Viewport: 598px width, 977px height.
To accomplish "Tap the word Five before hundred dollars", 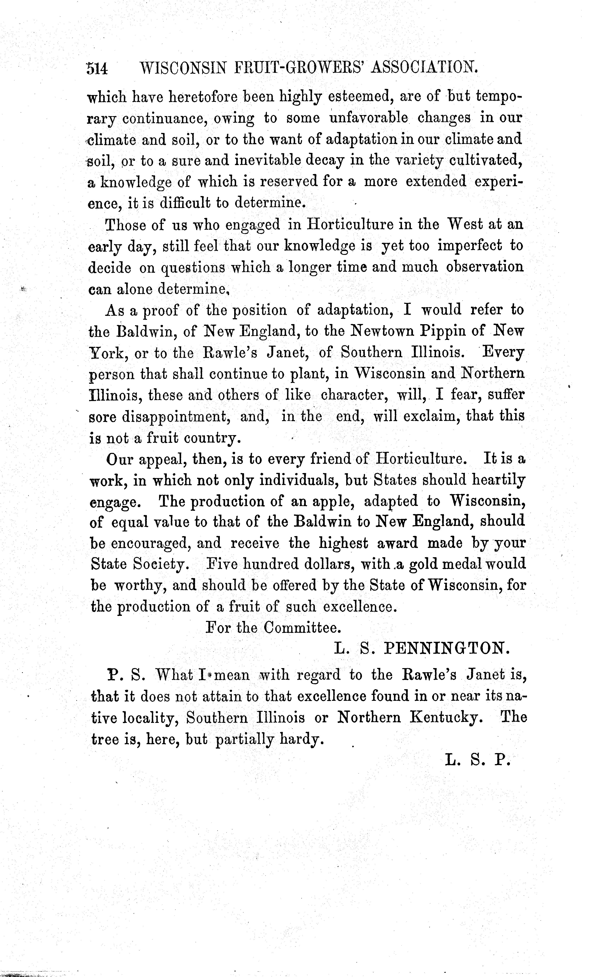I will pos(221,564).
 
